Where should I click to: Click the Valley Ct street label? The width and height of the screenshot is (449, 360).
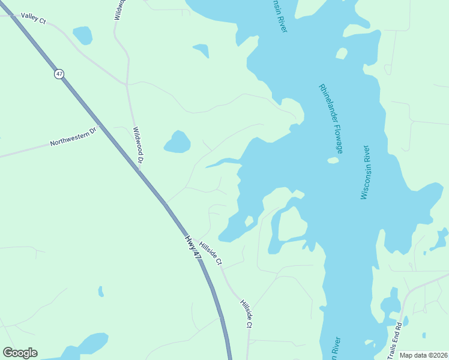point(33,18)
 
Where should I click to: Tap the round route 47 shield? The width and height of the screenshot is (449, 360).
point(58,74)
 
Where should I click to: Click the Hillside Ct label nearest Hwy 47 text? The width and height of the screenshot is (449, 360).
point(211,253)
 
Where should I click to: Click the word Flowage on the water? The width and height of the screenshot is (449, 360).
point(338,140)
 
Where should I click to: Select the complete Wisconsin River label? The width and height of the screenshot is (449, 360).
point(367,172)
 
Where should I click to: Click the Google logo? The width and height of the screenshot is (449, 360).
point(20,353)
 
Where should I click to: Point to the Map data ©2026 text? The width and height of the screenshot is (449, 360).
point(423,355)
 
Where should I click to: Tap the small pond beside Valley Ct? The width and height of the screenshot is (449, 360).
point(82,35)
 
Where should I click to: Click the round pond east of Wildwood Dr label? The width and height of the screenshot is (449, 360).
point(177,142)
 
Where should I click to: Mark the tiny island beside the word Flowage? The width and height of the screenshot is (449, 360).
point(333,160)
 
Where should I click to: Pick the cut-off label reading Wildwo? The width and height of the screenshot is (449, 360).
point(118,10)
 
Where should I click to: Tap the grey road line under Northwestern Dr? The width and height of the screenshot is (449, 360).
point(36,151)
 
